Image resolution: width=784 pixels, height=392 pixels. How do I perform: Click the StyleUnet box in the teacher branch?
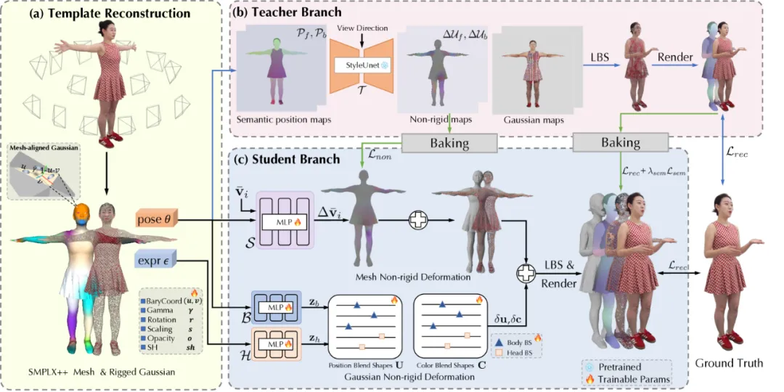[x=361, y=65]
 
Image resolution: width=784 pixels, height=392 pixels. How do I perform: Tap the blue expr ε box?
[x=154, y=259]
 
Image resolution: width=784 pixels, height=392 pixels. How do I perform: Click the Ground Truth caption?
[x=729, y=362]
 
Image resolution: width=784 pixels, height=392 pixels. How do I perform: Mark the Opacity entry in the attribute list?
[x=160, y=338]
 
